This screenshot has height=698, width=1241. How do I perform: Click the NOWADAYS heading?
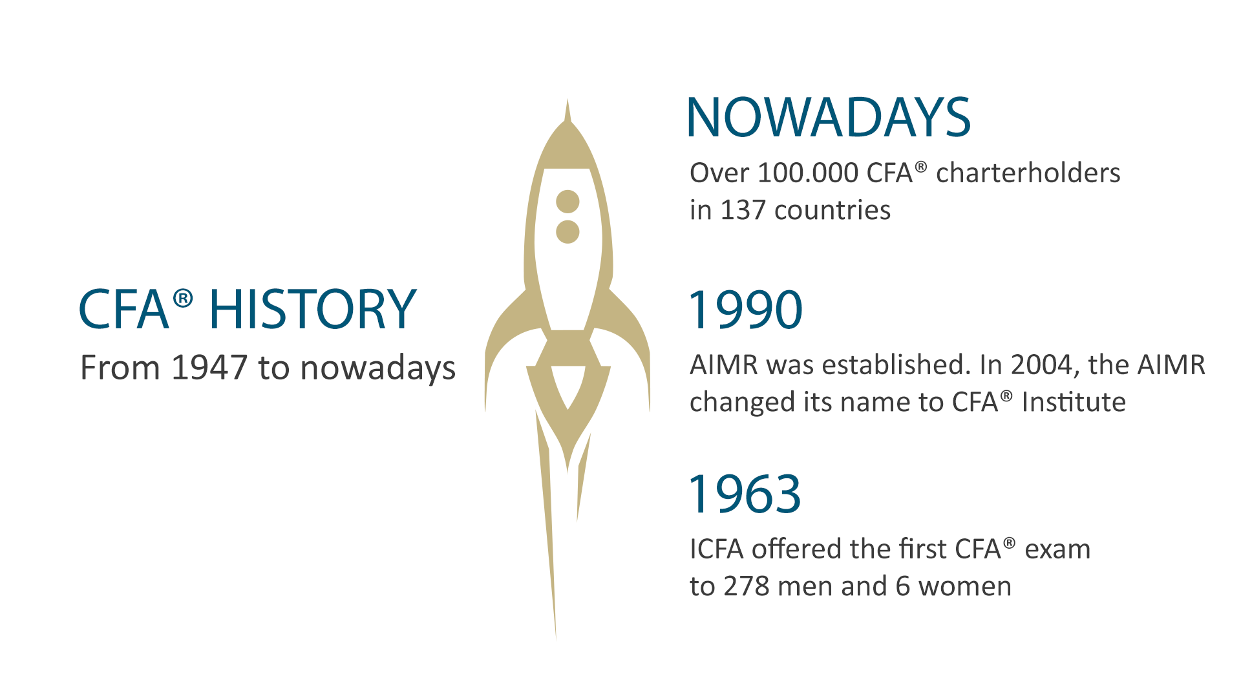pyautogui.click(x=829, y=118)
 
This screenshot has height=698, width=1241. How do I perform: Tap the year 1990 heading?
pyautogui.click(x=745, y=310)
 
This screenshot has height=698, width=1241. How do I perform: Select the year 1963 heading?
pyautogui.click(x=745, y=494)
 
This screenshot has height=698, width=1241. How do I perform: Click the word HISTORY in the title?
pyautogui.click(x=313, y=309)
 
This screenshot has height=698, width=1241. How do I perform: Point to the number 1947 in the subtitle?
pyautogui.click(x=209, y=368)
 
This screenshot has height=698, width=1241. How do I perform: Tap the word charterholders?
pyautogui.click(x=1028, y=173)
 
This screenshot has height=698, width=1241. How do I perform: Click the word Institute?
pyautogui.click(x=1074, y=402)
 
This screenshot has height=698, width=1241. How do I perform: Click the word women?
pyautogui.click(x=965, y=587)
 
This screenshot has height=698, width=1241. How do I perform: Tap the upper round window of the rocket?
pyautogui.click(x=567, y=202)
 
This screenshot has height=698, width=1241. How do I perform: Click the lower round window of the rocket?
pyautogui.click(x=567, y=232)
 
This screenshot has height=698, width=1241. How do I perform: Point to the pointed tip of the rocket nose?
pyautogui.click(x=567, y=100)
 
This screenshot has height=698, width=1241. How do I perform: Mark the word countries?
pyautogui.click(x=833, y=211)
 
